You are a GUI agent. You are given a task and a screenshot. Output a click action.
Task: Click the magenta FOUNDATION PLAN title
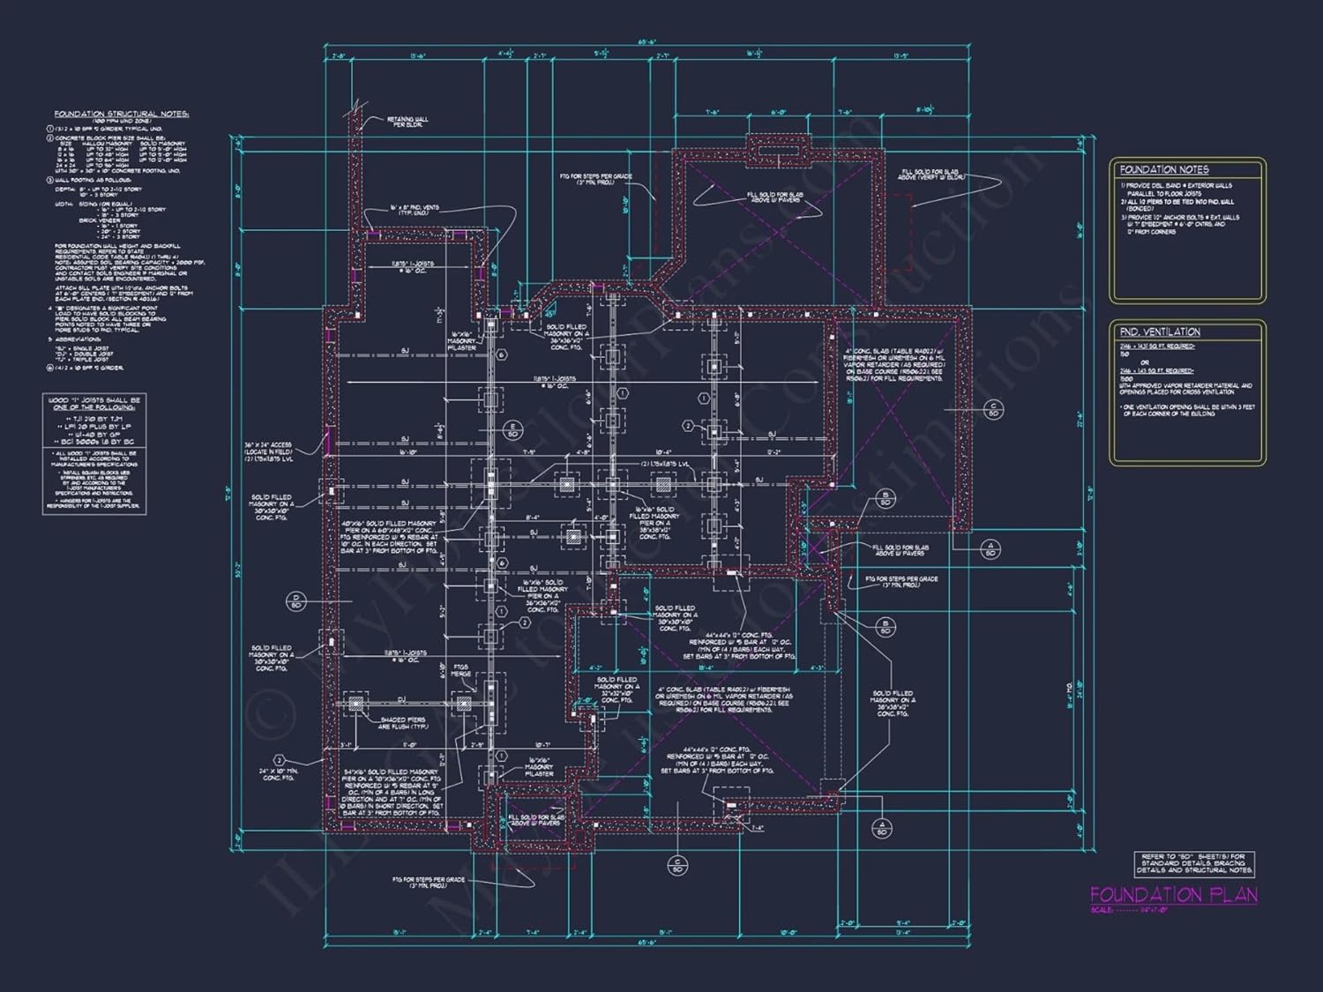[x=1173, y=894]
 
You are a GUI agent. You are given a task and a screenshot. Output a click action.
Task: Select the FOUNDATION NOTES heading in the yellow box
[x=1164, y=169]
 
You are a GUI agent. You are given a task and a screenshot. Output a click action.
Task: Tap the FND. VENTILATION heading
[x=1160, y=332]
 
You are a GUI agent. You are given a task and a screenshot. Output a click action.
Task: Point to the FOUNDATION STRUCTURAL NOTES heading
[x=122, y=115]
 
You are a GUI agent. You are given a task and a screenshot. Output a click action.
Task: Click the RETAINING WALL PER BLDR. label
[x=407, y=122]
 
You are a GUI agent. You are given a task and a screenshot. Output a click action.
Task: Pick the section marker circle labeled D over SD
[x=295, y=602]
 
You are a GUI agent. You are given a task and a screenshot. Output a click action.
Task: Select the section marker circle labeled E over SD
[x=512, y=431]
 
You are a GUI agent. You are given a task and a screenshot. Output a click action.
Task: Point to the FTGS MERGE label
[x=462, y=671]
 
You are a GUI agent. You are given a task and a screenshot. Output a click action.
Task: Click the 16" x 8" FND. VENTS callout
[x=414, y=210]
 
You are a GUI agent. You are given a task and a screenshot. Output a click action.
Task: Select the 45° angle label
[x=549, y=313]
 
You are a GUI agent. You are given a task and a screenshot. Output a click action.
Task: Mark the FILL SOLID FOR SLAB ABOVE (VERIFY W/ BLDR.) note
[x=933, y=175]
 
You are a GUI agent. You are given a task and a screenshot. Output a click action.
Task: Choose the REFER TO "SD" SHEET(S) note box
[x=1194, y=862]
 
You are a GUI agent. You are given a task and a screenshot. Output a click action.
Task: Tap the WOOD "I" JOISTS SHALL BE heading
[x=93, y=404]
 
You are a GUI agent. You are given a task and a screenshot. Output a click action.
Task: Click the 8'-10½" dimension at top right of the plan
[x=924, y=109]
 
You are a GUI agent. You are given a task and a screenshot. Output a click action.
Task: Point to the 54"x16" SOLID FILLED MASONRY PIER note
[x=392, y=790]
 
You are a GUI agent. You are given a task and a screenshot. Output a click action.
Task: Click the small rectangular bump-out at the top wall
[x=777, y=148]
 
